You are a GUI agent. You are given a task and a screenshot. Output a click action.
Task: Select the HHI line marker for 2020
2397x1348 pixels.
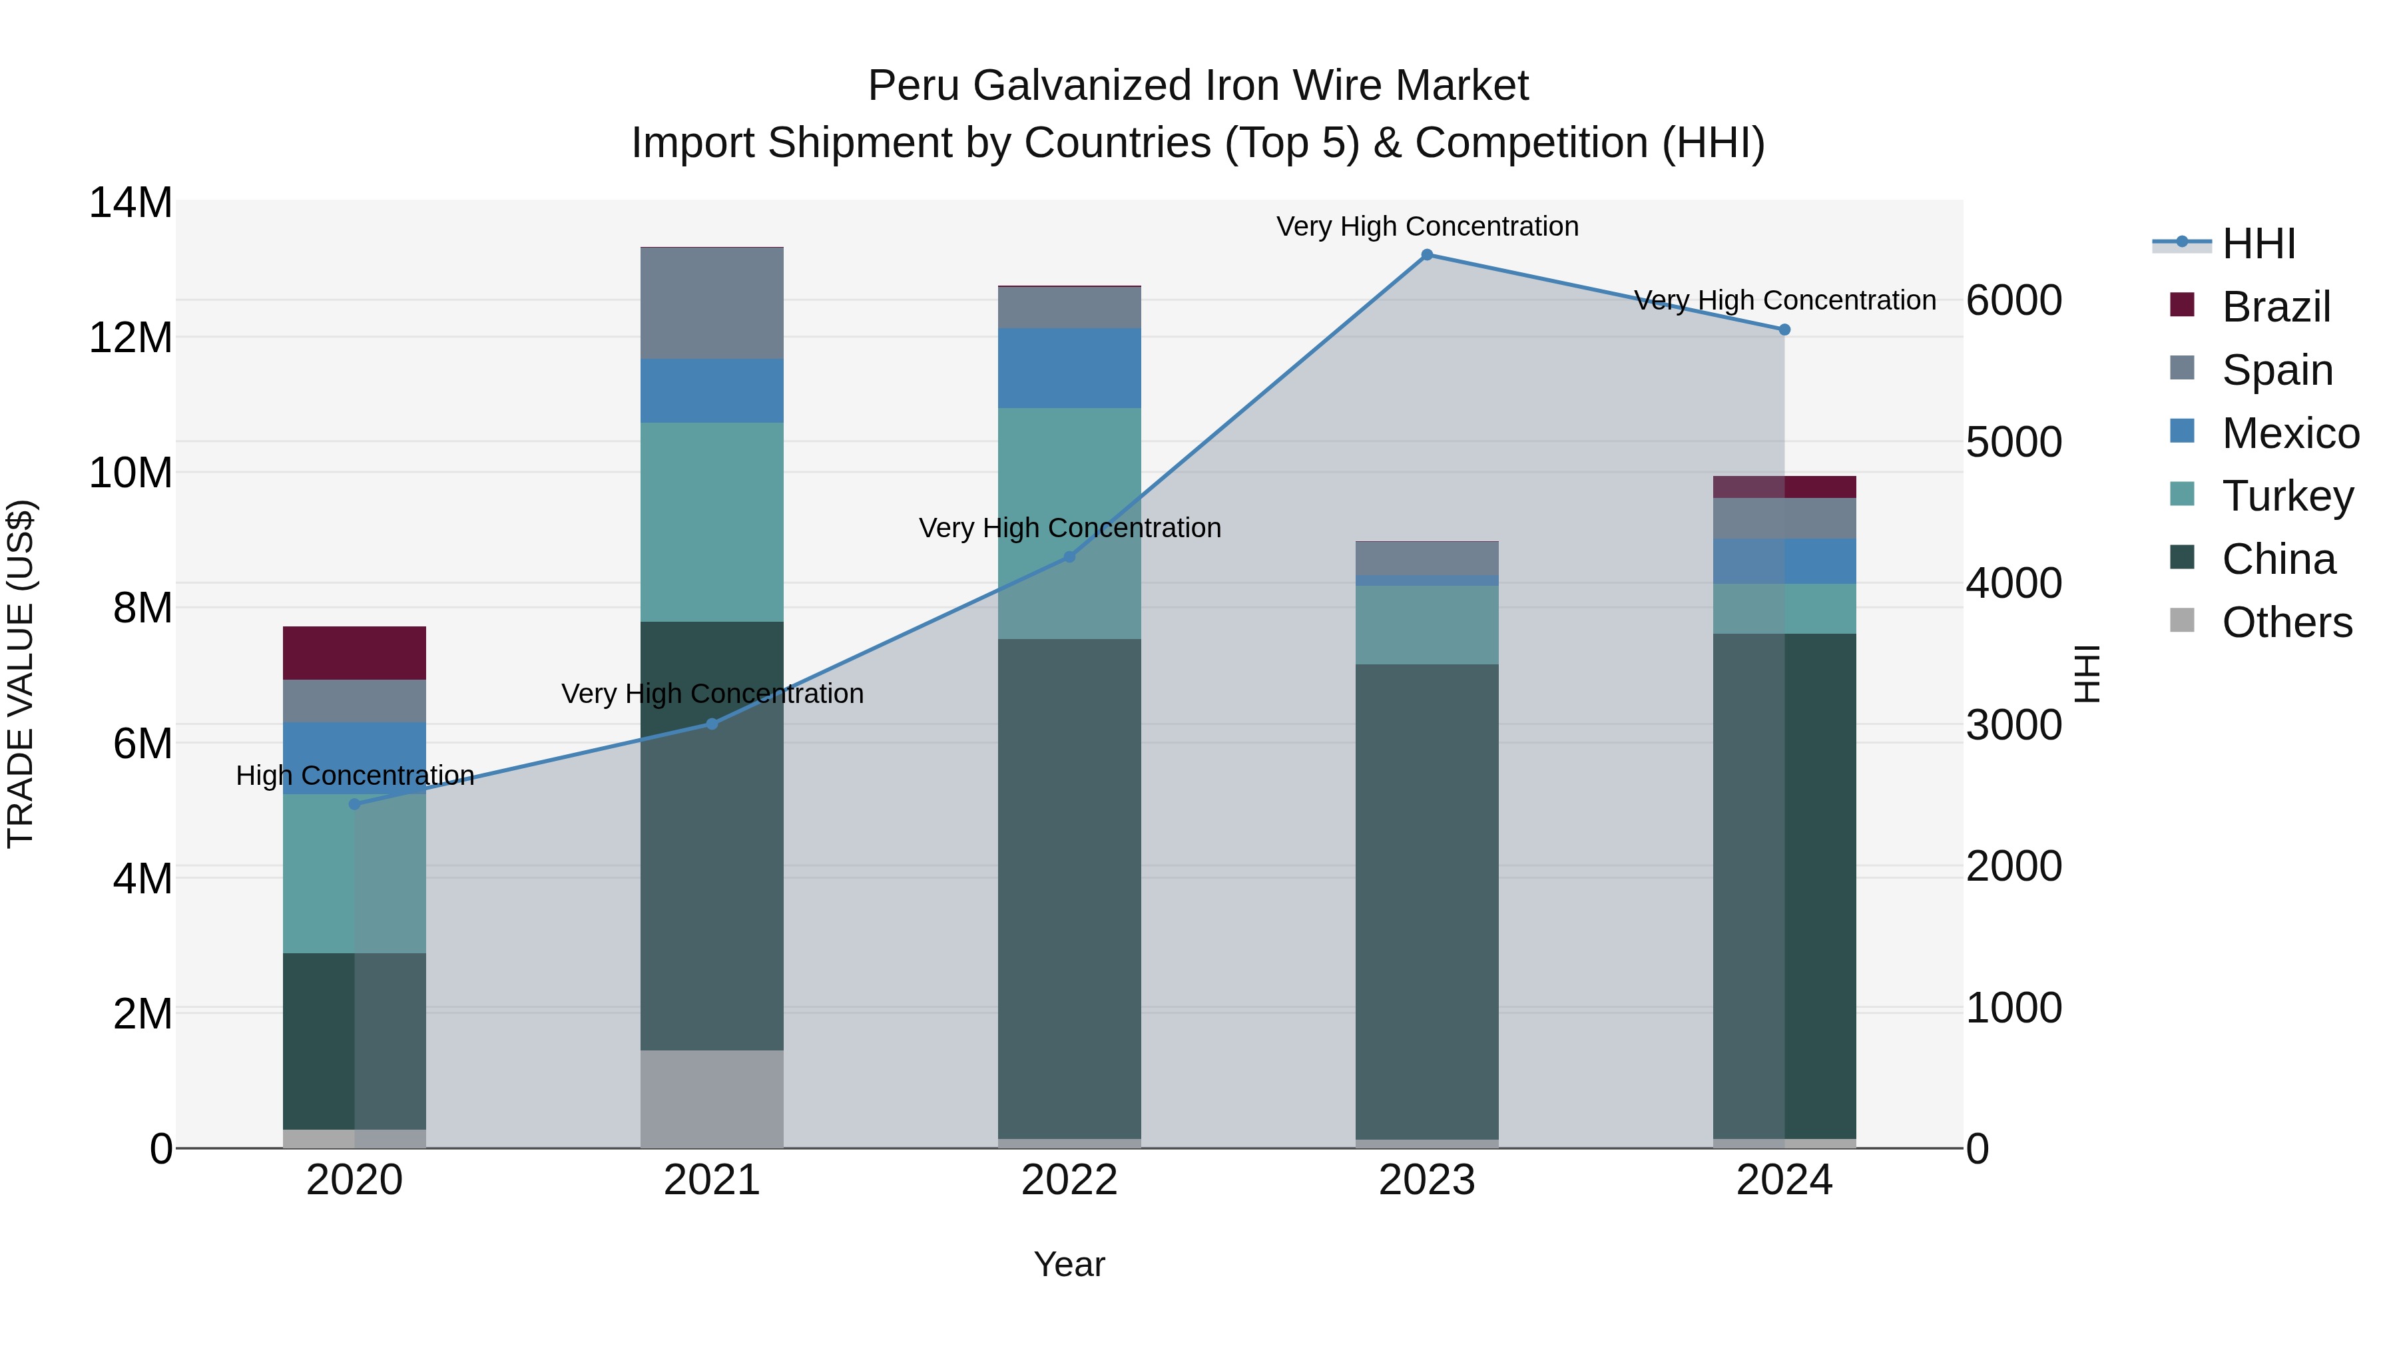point(354,803)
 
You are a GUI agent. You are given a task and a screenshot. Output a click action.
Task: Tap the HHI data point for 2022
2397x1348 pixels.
point(1069,557)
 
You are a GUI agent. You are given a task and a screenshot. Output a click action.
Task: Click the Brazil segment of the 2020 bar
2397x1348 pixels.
point(354,653)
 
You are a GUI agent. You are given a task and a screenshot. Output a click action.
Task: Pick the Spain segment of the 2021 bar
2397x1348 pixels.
point(712,304)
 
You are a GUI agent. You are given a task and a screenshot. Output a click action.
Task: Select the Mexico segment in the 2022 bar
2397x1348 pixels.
point(1069,368)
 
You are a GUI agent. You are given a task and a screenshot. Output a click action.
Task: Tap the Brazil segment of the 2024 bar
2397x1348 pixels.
point(1784,487)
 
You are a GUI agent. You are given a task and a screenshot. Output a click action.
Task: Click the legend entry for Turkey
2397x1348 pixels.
point(2287,496)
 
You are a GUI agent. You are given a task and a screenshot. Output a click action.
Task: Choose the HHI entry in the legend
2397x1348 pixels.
point(2259,244)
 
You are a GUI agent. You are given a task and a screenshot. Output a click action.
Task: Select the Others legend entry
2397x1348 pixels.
point(2286,622)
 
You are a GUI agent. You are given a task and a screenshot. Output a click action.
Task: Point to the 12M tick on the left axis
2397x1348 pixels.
point(131,337)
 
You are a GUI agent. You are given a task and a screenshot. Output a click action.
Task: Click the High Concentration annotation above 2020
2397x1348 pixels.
point(354,776)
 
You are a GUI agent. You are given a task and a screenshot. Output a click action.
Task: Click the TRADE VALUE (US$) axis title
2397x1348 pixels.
point(21,674)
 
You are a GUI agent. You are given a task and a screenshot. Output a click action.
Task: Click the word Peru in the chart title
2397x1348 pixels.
point(913,86)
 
